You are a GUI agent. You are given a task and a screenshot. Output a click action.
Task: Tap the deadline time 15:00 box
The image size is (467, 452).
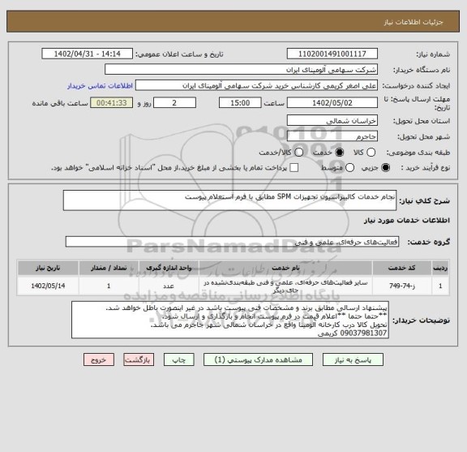click(x=240, y=104)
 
